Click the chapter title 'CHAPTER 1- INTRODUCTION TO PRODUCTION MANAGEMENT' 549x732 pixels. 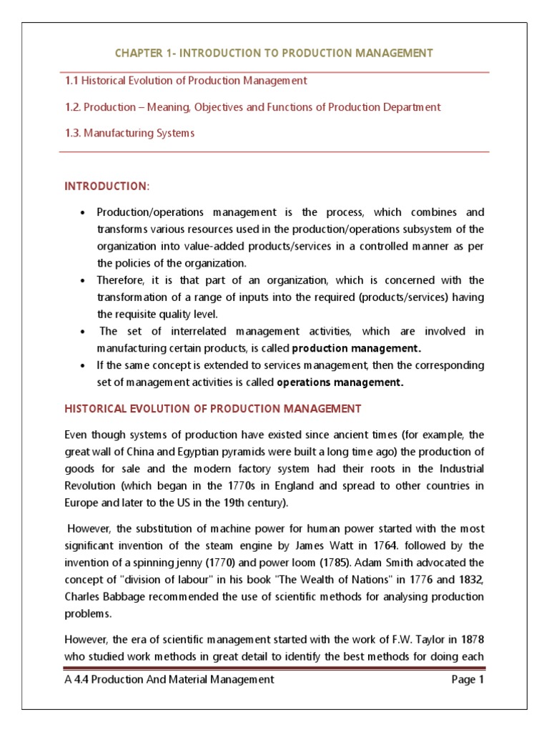click(x=274, y=54)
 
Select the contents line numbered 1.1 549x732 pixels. click(x=186, y=81)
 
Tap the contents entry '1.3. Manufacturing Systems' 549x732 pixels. click(x=129, y=133)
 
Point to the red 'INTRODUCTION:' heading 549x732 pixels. click(x=107, y=186)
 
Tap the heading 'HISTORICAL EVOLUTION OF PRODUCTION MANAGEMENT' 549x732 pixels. click(x=213, y=409)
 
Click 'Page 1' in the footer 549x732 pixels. click(x=468, y=680)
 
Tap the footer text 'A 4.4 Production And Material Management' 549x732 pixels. click(x=169, y=680)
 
